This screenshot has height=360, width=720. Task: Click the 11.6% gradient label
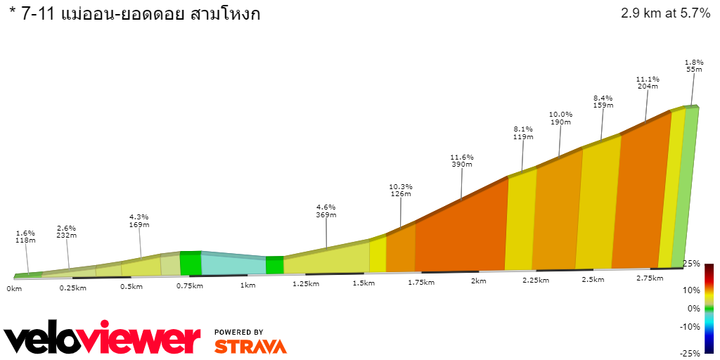click(x=462, y=157)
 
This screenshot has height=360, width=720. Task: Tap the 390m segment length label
click(x=462, y=165)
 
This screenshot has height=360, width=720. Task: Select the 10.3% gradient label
click(x=400, y=186)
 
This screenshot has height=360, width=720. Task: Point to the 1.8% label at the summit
click(x=694, y=63)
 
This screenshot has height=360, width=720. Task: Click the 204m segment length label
click(x=647, y=86)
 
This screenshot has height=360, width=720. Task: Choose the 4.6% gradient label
click(x=326, y=207)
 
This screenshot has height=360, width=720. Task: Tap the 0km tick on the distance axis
click(x=14, y=288)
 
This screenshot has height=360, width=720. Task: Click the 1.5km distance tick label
click(x=363, y=283)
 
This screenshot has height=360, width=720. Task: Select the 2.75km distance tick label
click(x=650, y=278)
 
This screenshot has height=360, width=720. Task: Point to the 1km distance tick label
click(x=247, y=285)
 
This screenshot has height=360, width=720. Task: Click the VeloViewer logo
click(x=103, y=339)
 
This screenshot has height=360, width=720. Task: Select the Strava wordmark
click(x=250, y=346)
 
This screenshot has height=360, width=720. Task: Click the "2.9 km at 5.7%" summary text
click(x=665, y=13)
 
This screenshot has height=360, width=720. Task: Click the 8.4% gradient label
click(x=603, y=98)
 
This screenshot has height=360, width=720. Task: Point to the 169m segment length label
click(x=139, y=225)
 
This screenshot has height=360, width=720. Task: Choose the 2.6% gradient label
click(x=67, y=228)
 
